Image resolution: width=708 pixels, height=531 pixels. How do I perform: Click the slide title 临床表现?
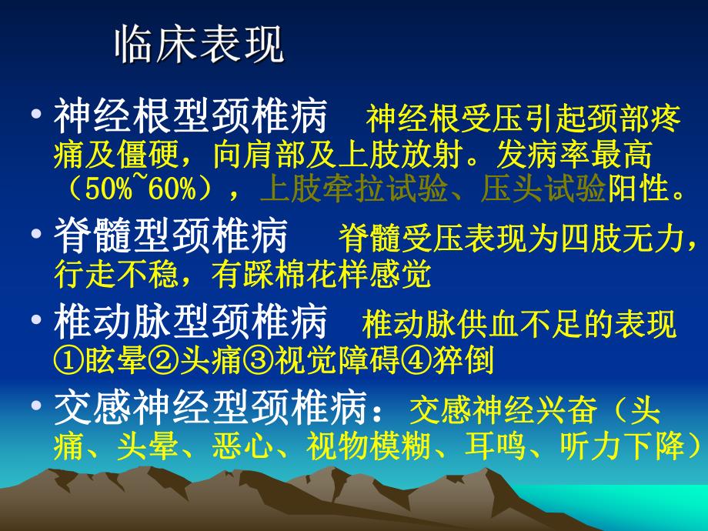[199, 47]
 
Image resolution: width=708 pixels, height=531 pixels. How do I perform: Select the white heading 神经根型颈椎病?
[190, 119]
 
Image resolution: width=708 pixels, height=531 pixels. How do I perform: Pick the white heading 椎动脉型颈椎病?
[190, 323]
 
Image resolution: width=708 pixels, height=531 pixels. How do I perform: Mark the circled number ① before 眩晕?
[66, 360]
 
